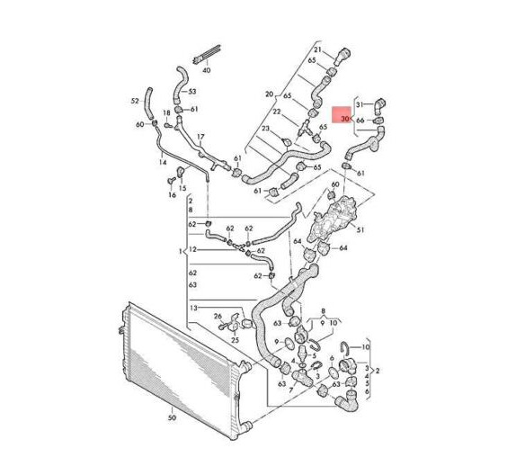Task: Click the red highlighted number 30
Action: click(x=345, y=119)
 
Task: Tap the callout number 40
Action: click(x=207, y=70)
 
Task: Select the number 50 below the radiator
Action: click(x=172, y=418)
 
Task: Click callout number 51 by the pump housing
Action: click(x=360, y=229)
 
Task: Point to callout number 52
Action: click(x=135, y=101)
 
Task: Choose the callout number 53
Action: click(x=191, y=91)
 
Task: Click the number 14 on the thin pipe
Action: click(x=163, y=162)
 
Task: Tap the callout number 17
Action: click(x=200, y=137)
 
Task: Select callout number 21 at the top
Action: click(x=317, y=49)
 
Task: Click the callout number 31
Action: click(x=360, y=104)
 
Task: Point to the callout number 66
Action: click(x=360, y=121)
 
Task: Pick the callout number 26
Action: click(x=218, y=317)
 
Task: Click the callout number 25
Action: click(x=235, y=339)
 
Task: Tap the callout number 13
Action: click(x=194, y=308)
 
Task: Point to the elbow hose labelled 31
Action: click(x=379, y=106)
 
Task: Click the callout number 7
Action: click(x=290, y=390)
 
